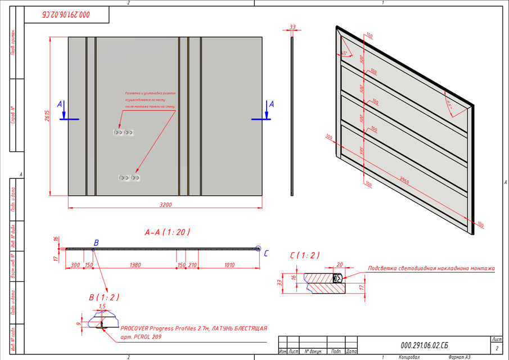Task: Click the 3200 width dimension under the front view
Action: tap(165, 205)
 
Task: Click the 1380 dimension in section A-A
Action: tap(135, 264)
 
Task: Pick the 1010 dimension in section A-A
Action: tap(229, 264)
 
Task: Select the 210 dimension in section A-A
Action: tap(193, 264)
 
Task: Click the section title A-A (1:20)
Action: tap(167, 232)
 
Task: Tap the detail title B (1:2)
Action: tap(100, 296)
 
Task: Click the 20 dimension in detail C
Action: tap(339, 264)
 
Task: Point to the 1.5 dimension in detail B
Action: tap(102, 307)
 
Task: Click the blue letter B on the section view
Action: tap(96, 242)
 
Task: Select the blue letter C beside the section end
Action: tap(266, 253)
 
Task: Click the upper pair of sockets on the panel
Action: tap(123, 132)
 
